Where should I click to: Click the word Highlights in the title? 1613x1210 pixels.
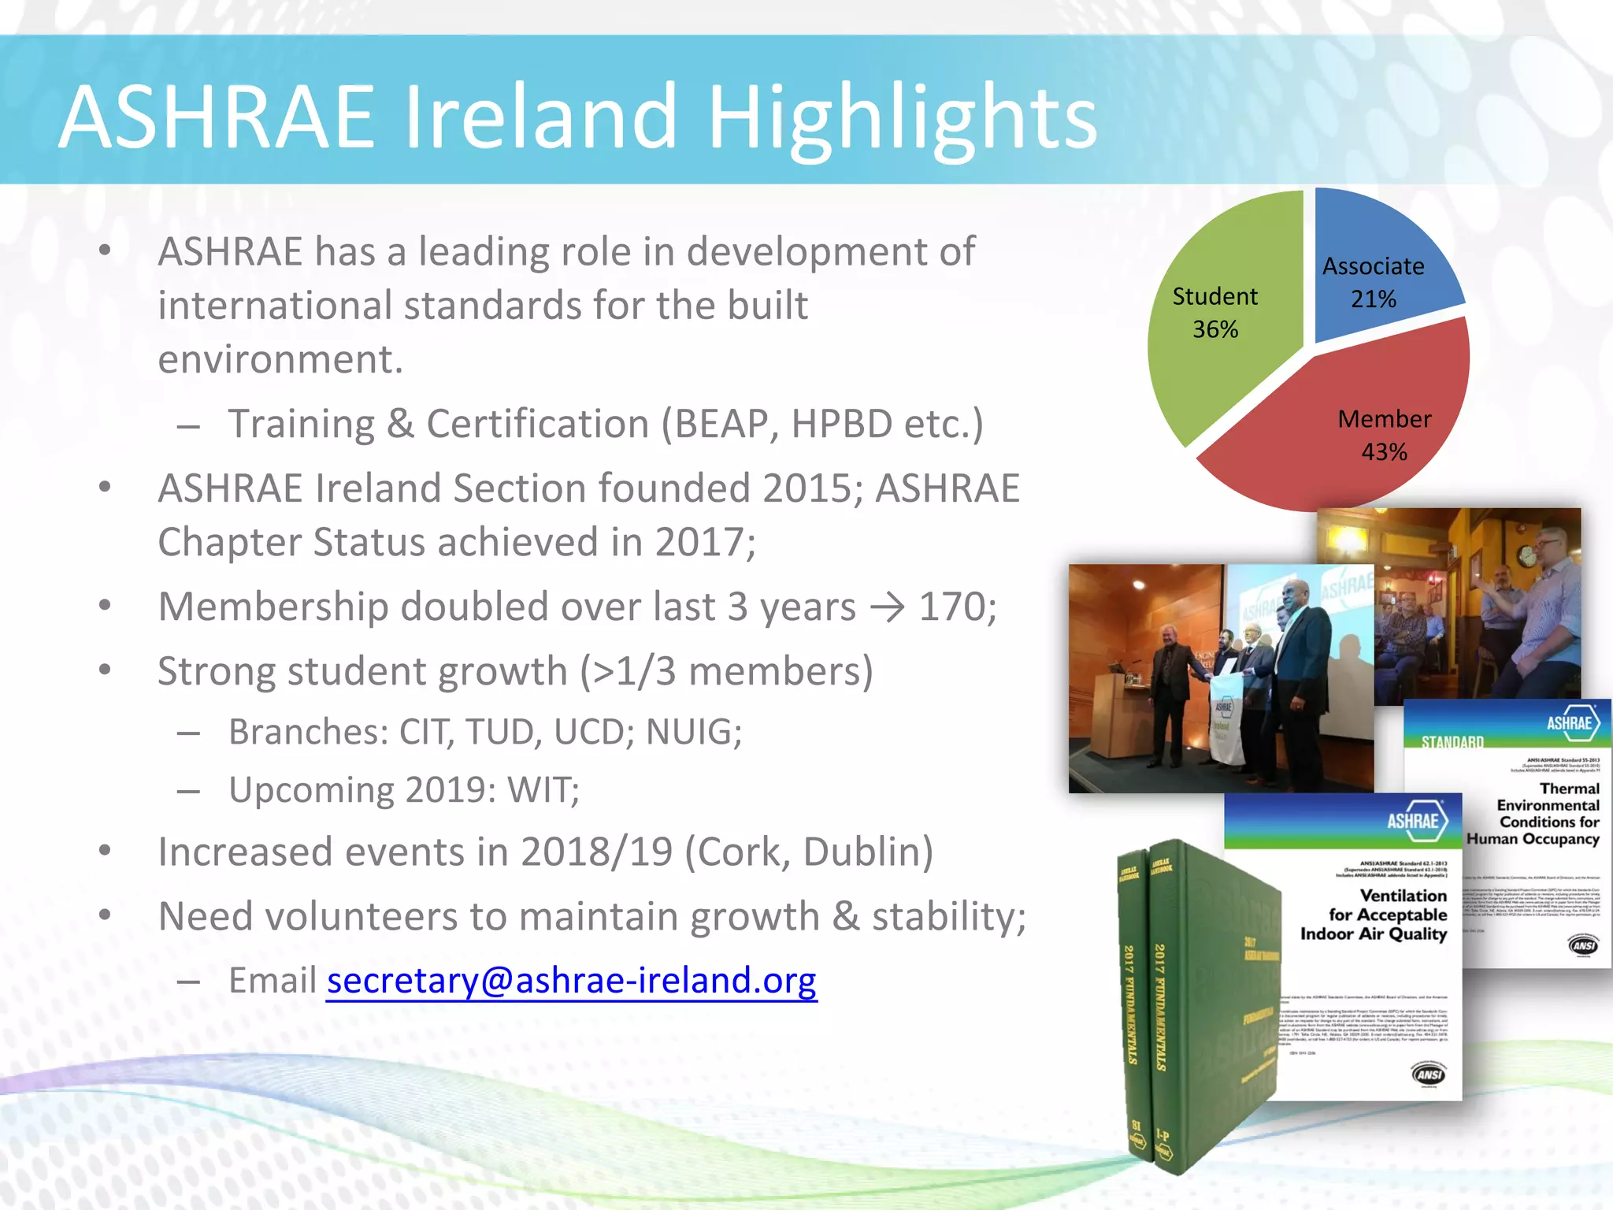902,118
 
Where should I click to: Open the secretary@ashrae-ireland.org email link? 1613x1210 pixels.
572,981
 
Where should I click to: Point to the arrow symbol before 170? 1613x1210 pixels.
888,607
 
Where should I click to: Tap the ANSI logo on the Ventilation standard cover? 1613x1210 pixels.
1429,1075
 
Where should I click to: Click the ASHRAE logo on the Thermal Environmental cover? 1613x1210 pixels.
1571,723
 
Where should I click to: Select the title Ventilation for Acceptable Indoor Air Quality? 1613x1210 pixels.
1374,915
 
